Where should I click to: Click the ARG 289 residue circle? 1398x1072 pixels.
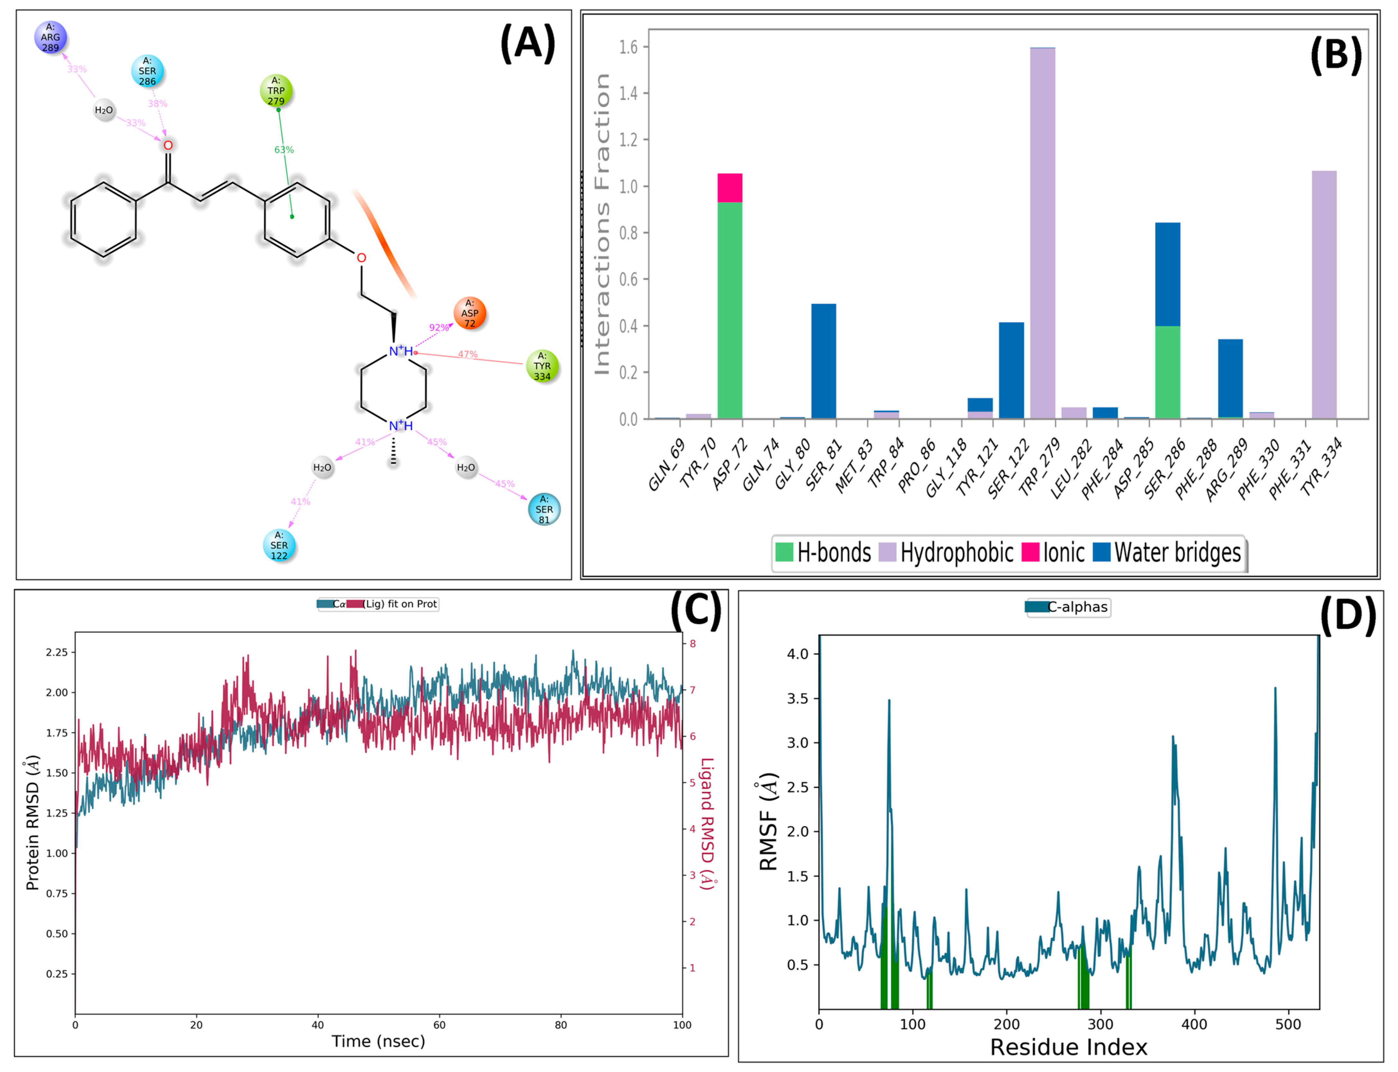50,37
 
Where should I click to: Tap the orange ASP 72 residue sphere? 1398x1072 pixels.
469,313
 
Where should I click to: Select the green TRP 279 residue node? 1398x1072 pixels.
276,91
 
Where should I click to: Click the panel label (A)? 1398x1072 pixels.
528,43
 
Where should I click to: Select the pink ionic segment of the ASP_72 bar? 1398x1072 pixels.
730,188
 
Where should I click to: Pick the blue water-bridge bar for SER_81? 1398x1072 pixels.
823,361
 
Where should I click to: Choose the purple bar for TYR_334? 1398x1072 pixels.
1324,295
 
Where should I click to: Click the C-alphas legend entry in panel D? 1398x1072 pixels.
1068,607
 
